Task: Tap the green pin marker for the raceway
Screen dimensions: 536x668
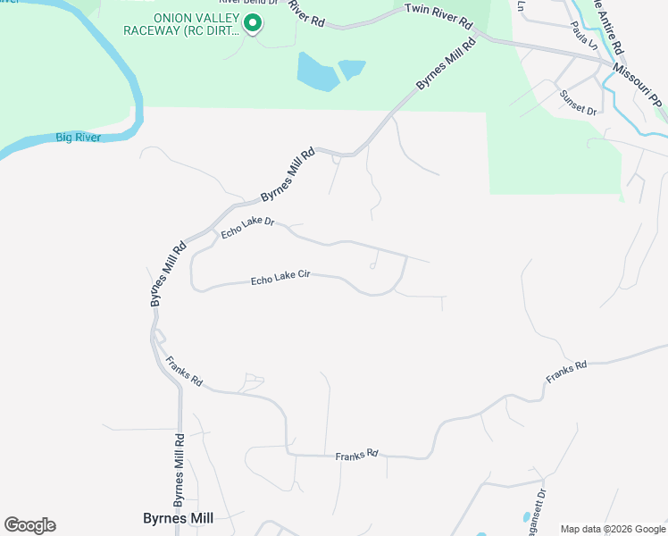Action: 253,23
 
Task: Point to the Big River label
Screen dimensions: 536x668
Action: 79,138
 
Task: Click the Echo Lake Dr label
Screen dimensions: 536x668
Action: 247,227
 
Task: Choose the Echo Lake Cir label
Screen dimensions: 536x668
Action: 280,280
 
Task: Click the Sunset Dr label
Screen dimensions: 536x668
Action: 578,103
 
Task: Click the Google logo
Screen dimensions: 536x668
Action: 29,525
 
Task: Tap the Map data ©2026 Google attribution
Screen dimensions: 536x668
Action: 613,529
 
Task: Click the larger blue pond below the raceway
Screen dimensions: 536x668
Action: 317,71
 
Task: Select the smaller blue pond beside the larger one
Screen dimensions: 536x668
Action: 352,69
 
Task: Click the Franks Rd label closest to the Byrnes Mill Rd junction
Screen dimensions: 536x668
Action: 184,372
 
